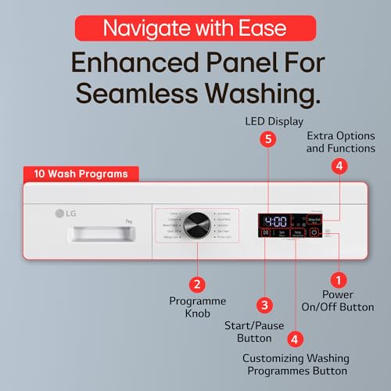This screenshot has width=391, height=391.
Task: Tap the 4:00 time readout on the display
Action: tap(274, 221)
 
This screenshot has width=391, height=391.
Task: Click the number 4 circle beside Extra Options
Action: tap(338, 166)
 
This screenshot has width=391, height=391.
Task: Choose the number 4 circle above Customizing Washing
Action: tap(295, 339)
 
